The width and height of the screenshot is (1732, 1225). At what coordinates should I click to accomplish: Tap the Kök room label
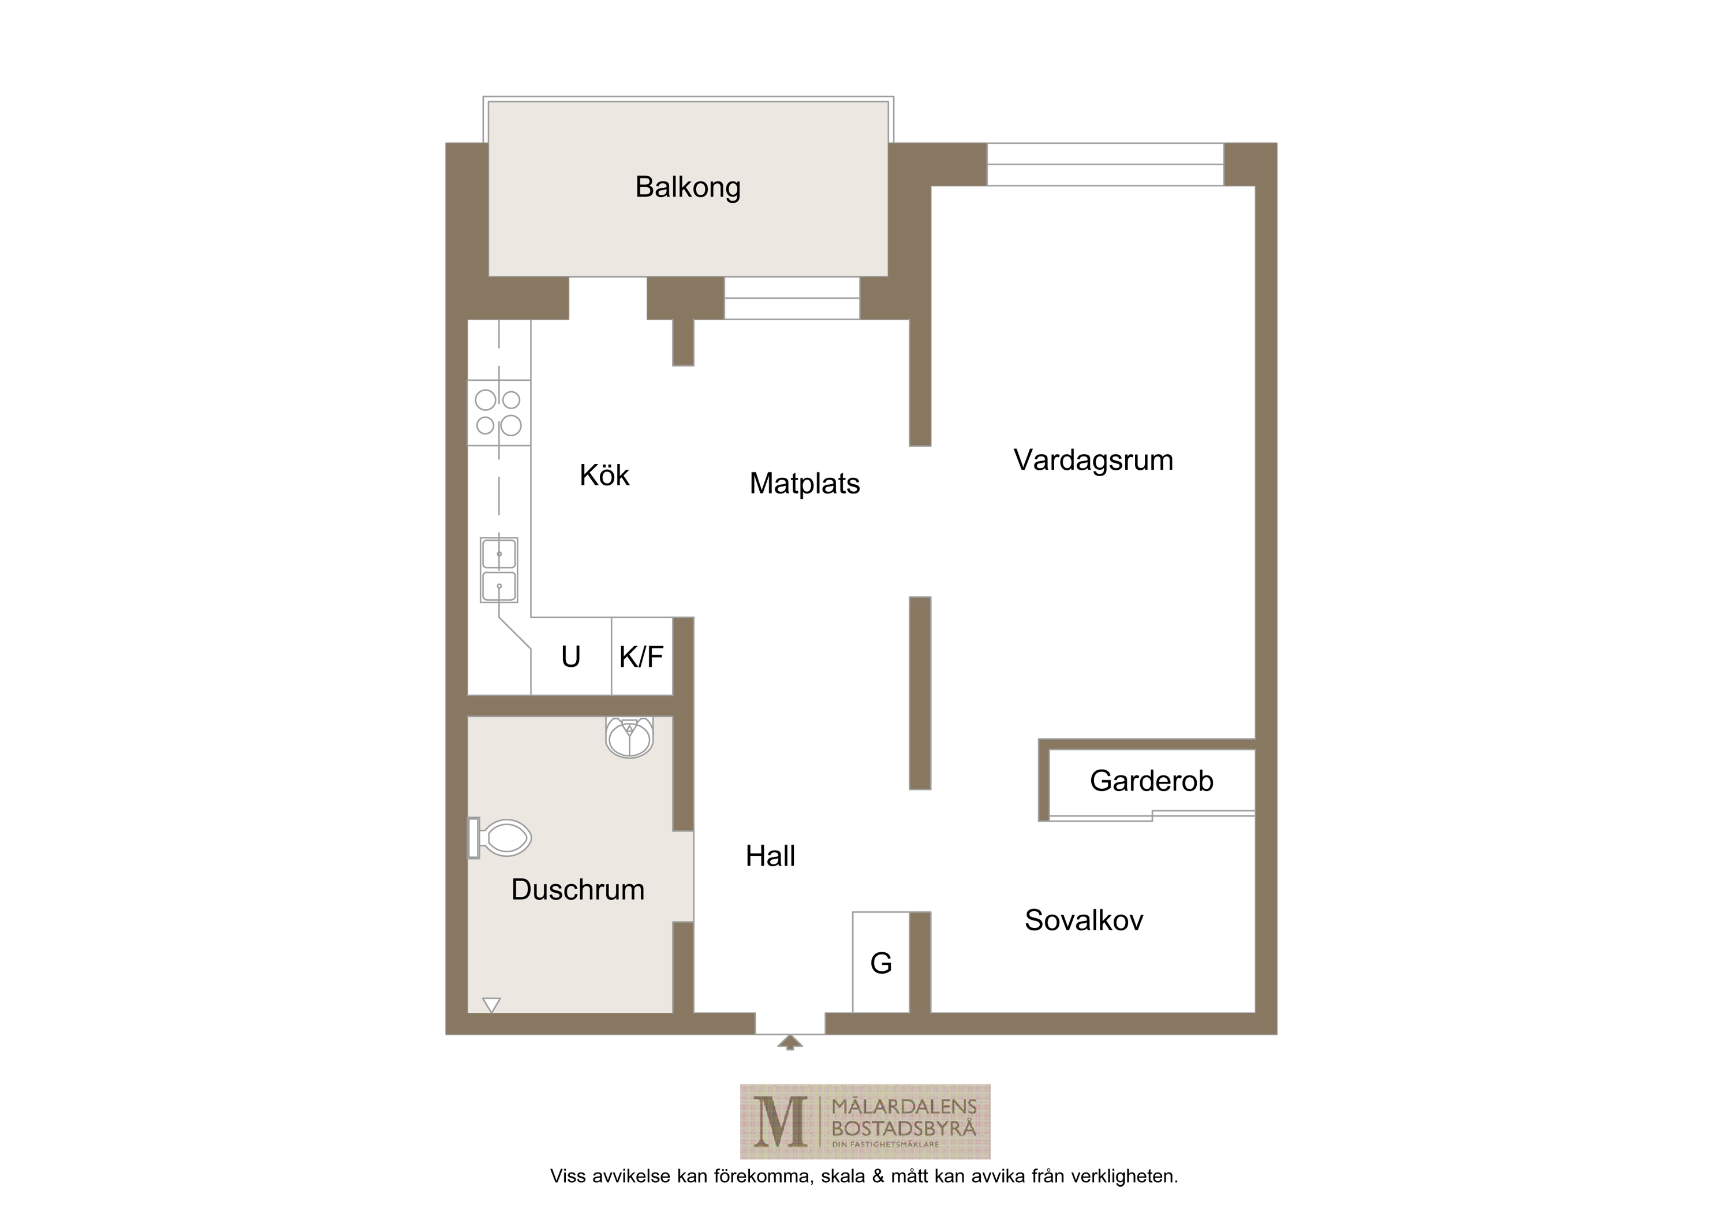click(x=604, y=475)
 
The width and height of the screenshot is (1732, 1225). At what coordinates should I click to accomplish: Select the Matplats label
click(x=804, y=484)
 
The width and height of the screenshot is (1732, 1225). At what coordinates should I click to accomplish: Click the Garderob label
click(x=1151, y=781)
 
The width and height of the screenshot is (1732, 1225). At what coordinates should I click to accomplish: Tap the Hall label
click(x=770, y=856)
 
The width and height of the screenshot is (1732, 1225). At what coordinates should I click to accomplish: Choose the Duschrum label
click(x=578, y=890)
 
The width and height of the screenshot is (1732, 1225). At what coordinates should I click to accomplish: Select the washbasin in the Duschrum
click(x=629, y=737)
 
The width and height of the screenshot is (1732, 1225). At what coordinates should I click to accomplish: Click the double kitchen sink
click(x=499, y=570)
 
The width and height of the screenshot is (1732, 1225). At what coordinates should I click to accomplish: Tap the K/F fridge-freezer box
click(x=641, y=656)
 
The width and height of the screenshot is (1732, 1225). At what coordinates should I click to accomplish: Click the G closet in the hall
click(x=880, y=962)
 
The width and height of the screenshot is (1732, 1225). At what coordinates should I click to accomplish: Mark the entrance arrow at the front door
click(x=790, y=1042)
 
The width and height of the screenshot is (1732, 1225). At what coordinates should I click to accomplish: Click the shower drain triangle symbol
click(x=491, y=1005)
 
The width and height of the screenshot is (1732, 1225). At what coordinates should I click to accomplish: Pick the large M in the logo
click(x=780, y=1122)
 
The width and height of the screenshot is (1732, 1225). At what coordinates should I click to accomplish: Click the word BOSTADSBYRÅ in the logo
click(x=904, y=1129)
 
